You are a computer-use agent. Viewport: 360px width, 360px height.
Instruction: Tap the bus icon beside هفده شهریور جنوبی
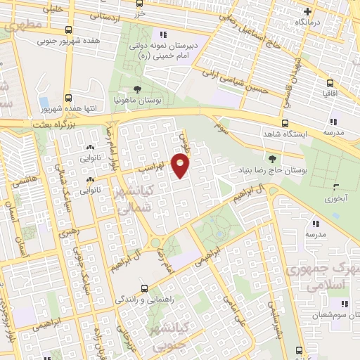tap(67, 30)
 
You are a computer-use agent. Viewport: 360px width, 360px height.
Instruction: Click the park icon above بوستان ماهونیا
tap(136, 89)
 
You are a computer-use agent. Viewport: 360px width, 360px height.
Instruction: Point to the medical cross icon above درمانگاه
tap(307, 11)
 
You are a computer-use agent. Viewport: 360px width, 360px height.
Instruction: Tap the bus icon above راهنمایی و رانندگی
tap(144, 288)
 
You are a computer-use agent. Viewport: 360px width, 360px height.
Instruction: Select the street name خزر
tap(141, 14)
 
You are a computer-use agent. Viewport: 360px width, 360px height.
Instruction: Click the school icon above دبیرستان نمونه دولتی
tap(163, 34)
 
